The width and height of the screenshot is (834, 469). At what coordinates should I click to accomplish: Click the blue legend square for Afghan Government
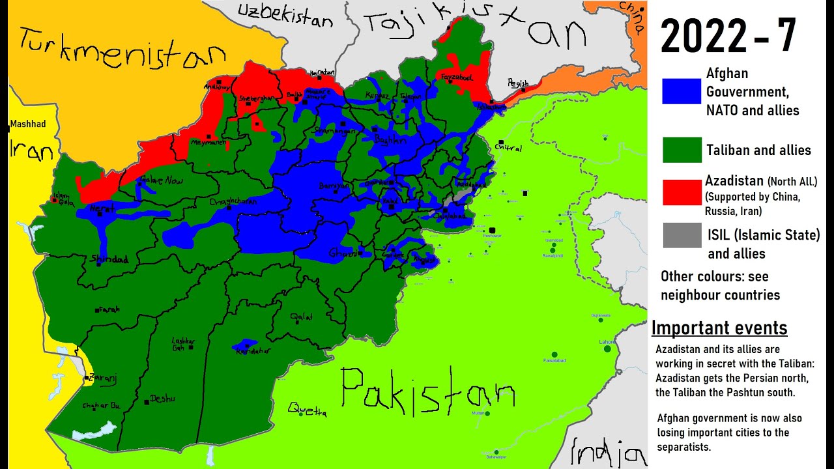[682, 91]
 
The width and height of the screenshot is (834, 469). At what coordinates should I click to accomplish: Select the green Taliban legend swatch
[682, 150]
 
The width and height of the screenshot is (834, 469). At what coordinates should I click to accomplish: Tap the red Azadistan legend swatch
[682, 193]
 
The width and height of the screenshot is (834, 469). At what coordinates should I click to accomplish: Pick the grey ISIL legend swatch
[682, 235]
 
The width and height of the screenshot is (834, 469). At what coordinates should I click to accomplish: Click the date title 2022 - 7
[728, 36]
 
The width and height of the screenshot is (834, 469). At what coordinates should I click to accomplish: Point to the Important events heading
[719, 328]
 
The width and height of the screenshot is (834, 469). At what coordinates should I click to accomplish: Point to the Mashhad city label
[28, 124]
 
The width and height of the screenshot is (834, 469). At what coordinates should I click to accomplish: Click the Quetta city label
[307, 410]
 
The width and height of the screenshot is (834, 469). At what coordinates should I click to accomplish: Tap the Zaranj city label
[104, 377]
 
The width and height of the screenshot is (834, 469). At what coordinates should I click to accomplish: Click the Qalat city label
[302, 317]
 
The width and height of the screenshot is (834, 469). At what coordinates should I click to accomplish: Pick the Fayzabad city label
[456, 78]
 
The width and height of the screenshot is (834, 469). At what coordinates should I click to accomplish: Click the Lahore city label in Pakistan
[607, 342]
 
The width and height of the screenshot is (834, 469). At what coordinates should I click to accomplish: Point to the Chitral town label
[508, 148]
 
